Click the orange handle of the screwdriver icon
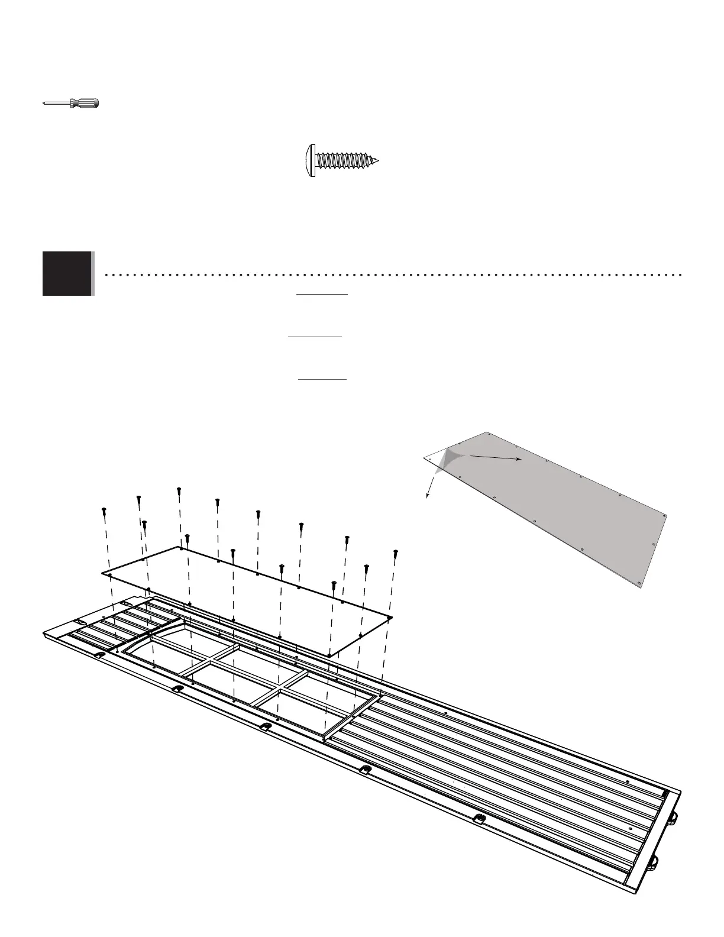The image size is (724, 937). (86, 104)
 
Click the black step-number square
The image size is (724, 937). (67, 273)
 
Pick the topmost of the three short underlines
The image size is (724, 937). (322, 293)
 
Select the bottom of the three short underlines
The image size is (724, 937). (322, 379)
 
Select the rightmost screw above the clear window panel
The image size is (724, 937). (396, 554)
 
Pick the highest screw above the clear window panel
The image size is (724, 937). (179, 490)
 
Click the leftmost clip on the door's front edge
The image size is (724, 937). (99, 655)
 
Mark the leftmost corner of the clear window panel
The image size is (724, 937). (103, 573)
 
